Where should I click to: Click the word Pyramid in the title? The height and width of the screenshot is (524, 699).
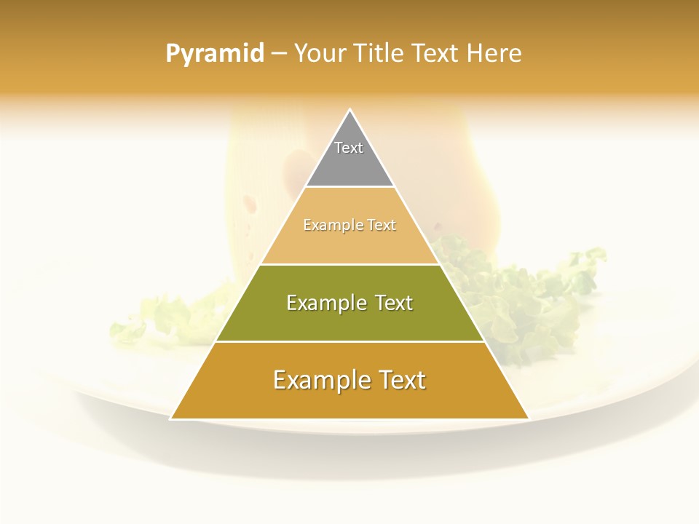click(214, 53)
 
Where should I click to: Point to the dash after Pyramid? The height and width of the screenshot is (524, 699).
click(278, 54)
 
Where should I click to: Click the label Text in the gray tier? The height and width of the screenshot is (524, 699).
click(349, 148)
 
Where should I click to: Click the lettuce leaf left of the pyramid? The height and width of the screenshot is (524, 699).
click(167, 320)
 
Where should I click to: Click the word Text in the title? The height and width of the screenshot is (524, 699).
click(435, 53)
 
